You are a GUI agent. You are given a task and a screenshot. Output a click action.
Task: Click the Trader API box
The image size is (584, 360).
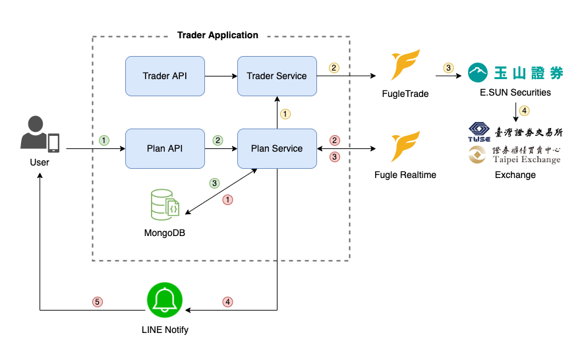pyautogui.click(x=165, y=76)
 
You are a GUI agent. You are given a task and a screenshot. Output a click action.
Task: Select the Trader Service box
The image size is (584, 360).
pyautogui.click(x=277, y=76)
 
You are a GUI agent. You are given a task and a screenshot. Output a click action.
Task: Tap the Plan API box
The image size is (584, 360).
pyautogui.click(x=165, y=148)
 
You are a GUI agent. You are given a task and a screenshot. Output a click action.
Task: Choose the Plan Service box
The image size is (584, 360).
pyautogui.click(x=277, y=148)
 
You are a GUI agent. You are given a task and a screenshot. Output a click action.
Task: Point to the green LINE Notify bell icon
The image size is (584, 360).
pyautogui.click(x=164, y=301)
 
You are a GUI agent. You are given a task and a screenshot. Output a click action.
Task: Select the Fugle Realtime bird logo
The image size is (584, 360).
pyautogui.click(x=405, y=146)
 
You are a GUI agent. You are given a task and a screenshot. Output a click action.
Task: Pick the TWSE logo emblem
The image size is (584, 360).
pyautogui.click(x=479, y=131)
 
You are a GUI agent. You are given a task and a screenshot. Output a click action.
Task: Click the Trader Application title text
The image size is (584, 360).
pyautogui.click(x=218, y=35)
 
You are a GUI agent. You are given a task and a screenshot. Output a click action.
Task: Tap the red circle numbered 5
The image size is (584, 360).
pyautogui.click(x=97, y=302)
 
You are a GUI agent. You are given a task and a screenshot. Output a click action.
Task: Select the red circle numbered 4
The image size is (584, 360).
pyautogui.click(x=228, y=302)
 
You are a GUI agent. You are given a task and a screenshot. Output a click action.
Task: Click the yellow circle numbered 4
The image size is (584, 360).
pyautogui.click(x=525, y=110)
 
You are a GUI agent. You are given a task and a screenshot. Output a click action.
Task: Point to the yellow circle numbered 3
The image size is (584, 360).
pyautogui.click(x=449, y=68)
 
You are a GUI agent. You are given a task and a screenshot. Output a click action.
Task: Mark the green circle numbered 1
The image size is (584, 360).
pyautogui.click(x=103, y=140)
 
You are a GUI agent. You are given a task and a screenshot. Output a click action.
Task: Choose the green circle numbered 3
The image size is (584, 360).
pyautogui.click(x=214, y=183)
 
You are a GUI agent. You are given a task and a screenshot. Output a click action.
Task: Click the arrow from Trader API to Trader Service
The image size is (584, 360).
pyautogui.click(x=221, y=76)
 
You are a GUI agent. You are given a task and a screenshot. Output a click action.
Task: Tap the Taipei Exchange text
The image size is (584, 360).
pyautogui.click(x=527, y=160)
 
